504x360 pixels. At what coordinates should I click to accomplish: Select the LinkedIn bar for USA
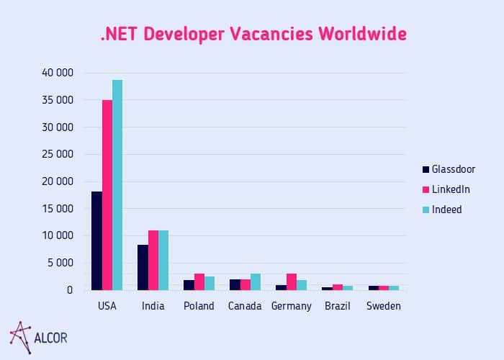tap(107, 195)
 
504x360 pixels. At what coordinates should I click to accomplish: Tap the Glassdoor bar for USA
tap(96, 241)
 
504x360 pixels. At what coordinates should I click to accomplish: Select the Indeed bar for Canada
tap(256, 282)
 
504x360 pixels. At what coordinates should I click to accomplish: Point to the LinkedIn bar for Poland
tap(199, 282)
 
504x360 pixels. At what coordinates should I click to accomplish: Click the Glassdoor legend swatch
tap(426, 169)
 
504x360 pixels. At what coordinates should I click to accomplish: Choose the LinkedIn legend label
tap(451, 189)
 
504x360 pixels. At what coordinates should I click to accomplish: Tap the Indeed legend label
tap(448, 210)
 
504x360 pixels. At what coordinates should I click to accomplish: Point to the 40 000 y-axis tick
tap(57, 73)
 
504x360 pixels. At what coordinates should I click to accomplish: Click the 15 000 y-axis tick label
tap(57, 209)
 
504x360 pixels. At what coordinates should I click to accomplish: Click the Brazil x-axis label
tap(338, 306)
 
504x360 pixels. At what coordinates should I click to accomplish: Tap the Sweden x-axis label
tap(383, 306)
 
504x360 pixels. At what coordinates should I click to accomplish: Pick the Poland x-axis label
tap(199, 306)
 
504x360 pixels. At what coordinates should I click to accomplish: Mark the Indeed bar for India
tap(163, 261)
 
